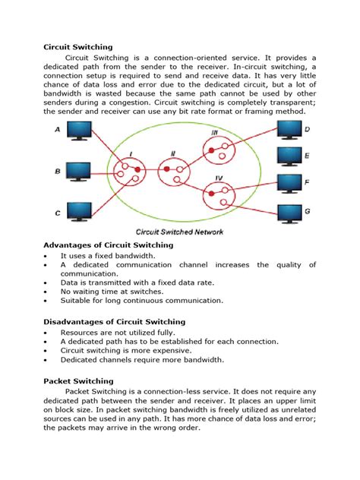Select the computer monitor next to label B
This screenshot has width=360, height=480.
click(x=78, y=170)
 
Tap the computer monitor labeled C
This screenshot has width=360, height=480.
click(x=78, y=210)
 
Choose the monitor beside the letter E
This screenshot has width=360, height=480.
click(x=289, y=156)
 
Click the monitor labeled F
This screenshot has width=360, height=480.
click(x=289, y=183)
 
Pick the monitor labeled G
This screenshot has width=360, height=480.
click(x=289, y=210)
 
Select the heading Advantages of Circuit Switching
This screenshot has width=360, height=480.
click(x=109, y=245)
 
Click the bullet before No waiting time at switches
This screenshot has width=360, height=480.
click(x=47, y=291)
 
